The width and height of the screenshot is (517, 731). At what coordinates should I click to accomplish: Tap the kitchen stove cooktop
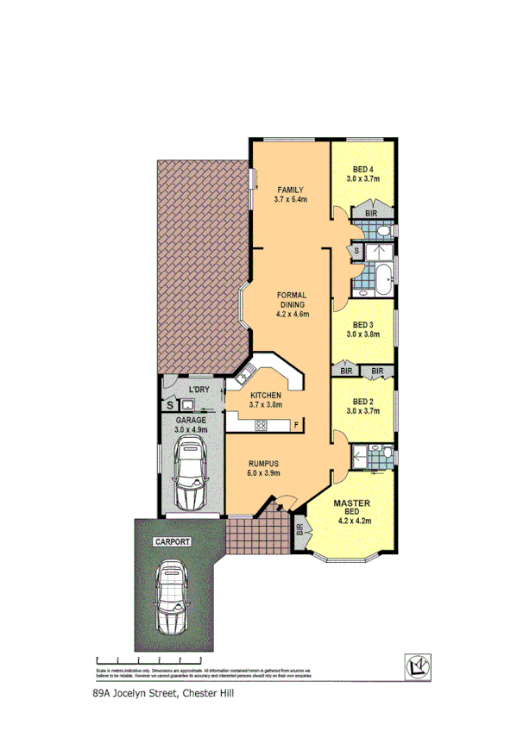(x=261, y=423)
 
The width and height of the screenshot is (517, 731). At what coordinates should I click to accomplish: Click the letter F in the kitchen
(x=294, y=424)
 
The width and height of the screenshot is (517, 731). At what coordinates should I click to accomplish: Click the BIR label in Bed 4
(x=371, y=212)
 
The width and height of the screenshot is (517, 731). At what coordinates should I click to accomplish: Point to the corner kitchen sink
(x=245, y=373)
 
